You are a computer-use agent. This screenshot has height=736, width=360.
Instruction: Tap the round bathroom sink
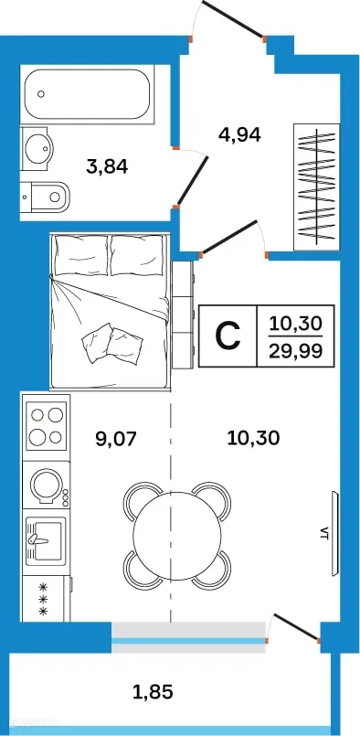(x=38, y=148)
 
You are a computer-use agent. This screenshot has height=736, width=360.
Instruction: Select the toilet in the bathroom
(x=47, y=194)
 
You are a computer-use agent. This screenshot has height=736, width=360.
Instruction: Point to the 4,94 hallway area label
(x=240, y=134)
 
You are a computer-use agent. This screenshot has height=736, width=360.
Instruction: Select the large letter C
(x=228, y=336)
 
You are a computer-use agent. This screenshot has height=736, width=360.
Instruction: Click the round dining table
(x=176, y=535)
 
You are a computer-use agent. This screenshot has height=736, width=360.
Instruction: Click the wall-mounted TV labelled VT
(x=335, y=534)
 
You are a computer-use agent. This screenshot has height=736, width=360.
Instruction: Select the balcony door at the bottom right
(x=295, y=629)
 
